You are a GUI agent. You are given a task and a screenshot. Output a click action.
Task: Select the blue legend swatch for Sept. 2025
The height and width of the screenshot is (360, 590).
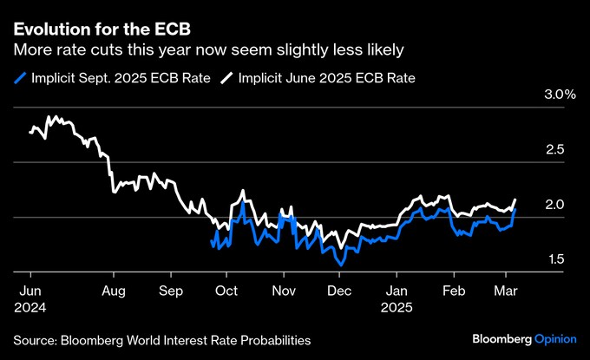(x=22, y=78)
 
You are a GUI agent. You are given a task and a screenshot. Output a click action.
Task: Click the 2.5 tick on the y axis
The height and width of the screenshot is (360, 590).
(x=554, y=150)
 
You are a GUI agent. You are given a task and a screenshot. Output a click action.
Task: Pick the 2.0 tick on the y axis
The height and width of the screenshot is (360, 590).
(x=554, y=205)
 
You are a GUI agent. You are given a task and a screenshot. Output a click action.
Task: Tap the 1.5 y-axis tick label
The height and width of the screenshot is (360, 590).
(x=554, y=259)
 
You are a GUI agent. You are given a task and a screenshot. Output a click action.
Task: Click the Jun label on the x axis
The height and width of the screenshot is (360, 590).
(x=29, y=291)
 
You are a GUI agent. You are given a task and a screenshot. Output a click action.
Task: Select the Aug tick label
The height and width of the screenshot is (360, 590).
(x=115, y=291)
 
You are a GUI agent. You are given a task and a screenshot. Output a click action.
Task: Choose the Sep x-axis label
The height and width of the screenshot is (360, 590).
(x=172, y=291)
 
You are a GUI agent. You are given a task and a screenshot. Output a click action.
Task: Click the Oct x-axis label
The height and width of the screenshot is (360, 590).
(x=227, y=291)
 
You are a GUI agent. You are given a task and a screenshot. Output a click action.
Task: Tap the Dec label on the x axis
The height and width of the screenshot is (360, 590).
(x=340, y=291)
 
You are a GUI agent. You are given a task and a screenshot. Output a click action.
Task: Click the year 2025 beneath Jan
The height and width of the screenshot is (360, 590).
(x=398, y=306)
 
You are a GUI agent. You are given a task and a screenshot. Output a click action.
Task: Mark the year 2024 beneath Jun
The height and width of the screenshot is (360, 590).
(x=31, y=306)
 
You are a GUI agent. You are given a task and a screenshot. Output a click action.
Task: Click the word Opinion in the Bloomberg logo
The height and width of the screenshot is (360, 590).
(x=552, y=337)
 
